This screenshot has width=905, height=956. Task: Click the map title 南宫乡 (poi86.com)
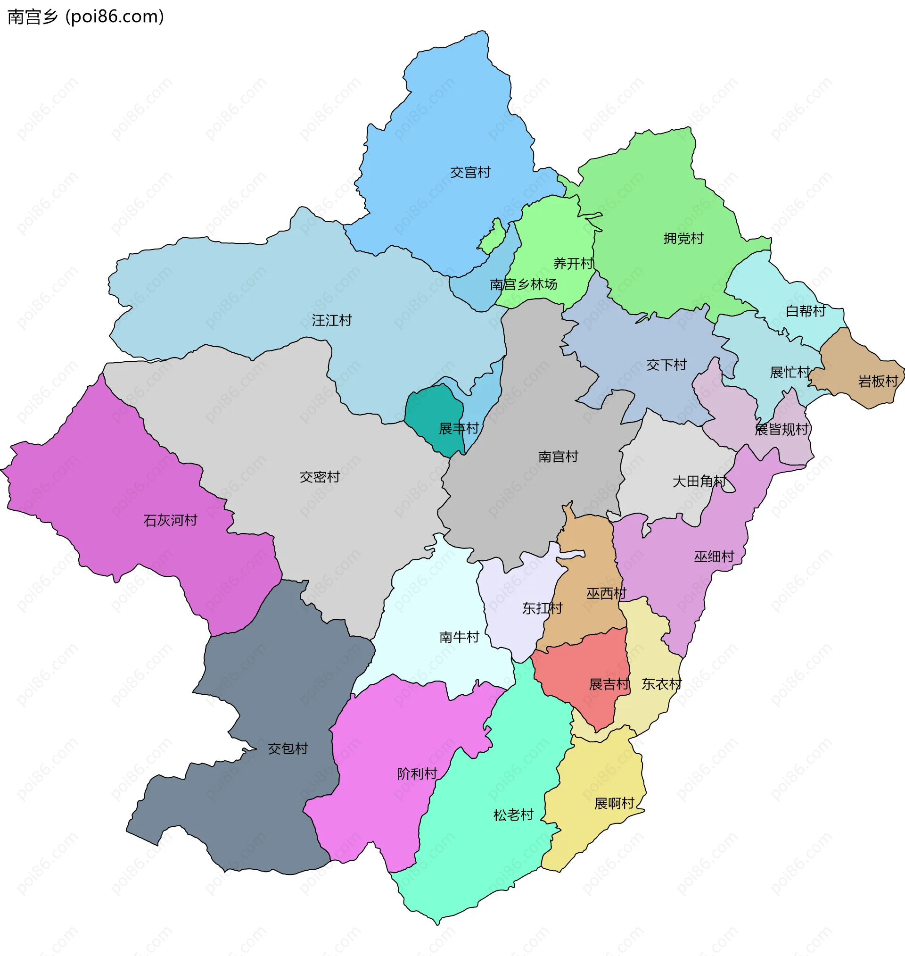pos(86,17)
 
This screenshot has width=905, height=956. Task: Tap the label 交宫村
pos(470,172)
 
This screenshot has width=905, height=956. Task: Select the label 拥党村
pos(683,238)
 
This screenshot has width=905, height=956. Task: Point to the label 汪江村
pos(331,320)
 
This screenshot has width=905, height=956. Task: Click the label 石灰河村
pos(170,520)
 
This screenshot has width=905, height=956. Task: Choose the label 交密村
pos(320,477)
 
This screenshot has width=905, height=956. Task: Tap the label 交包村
pos(288,748)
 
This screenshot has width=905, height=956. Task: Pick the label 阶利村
pos(417,773)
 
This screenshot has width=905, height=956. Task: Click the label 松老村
pos(513,815)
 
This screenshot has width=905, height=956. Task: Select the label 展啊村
pos(614,804)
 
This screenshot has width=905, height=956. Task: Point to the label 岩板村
pos(878,382)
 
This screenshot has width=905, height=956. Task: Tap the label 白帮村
pos(805,311)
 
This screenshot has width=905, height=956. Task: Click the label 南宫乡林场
pos(523,285)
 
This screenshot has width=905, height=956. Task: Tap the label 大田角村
pos(699,481)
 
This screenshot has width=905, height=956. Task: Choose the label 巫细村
pos(714,557)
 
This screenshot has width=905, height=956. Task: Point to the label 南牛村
pos(459,637)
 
